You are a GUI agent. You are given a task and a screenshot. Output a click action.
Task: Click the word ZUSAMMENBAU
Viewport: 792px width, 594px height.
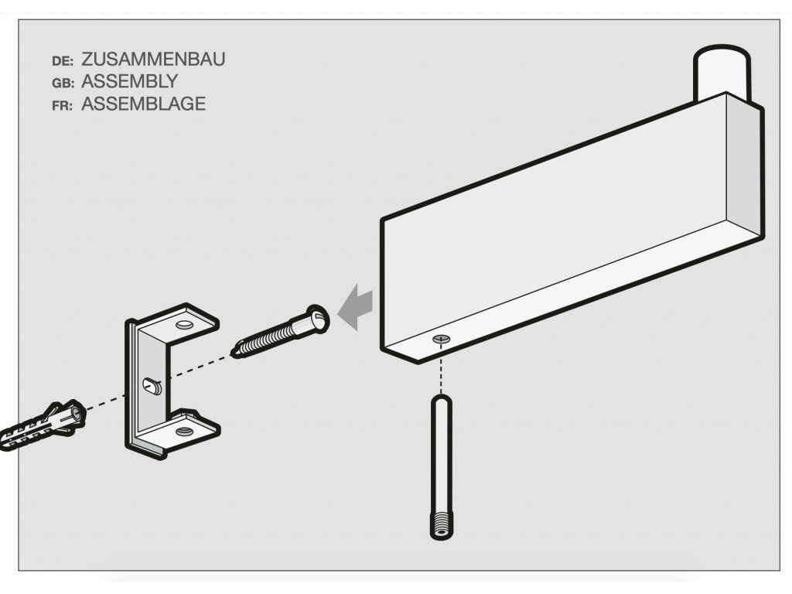point(153,59)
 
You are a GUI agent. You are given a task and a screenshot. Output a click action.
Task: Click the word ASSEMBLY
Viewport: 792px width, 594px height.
point(129,81)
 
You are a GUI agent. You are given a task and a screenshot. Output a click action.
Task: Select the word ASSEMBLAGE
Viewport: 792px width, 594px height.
point(143,104)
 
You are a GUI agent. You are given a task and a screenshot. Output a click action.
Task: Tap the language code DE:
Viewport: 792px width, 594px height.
point(63,61)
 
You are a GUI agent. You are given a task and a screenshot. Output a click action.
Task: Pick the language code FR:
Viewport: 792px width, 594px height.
point(62,106)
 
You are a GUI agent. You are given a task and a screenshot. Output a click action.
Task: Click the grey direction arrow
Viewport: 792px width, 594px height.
point(355,306)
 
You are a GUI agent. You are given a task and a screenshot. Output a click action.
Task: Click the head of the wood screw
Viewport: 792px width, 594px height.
point(316,319)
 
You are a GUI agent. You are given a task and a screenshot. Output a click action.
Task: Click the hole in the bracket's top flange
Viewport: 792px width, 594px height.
point(185,323)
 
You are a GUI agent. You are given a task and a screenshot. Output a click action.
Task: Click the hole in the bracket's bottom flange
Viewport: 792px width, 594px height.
point(184,432)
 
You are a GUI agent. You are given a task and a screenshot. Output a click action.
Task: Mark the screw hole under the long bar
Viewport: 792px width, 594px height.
point(441,340)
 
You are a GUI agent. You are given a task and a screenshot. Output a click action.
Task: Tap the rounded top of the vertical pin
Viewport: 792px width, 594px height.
point(441,401)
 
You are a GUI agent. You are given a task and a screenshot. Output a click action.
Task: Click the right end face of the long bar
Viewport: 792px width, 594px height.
point(745,167)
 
